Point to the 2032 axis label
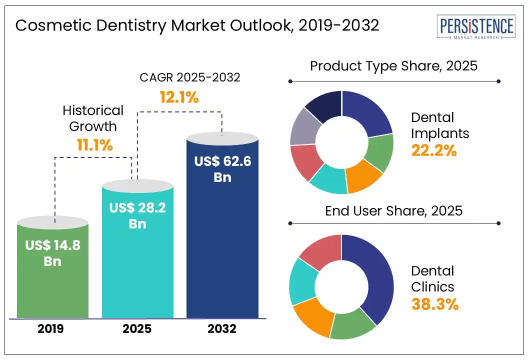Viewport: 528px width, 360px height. tap(222, 329)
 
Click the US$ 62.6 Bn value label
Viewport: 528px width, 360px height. tap(222, 169)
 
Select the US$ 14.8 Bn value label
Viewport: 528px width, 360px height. tap(52, 253)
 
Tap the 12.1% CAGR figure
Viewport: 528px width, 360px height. tap(179, 97)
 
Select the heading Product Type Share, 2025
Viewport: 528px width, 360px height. tap(394, 66)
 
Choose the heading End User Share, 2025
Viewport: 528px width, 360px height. tap(394, 210)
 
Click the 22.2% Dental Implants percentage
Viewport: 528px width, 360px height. tap(434, 150)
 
